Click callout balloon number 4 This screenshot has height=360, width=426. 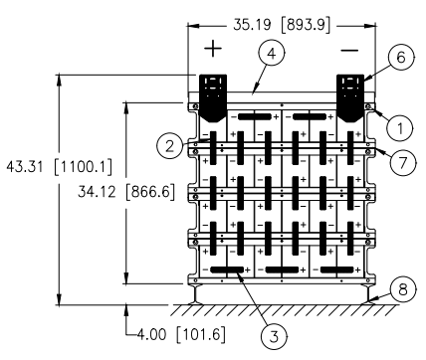pos(272,54)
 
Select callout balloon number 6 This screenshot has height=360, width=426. pos(401,58)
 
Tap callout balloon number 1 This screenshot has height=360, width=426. pos(400,128)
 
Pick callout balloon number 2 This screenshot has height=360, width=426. pos(169,146)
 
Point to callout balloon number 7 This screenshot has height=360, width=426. pos(403,162)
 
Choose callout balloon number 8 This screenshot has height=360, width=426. pos(403,289)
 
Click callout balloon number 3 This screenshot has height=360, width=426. pos(274,337)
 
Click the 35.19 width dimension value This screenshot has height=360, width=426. pos(252,25)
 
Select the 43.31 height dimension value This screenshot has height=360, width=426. pos(25,166)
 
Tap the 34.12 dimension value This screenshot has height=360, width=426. pos(97,192)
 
